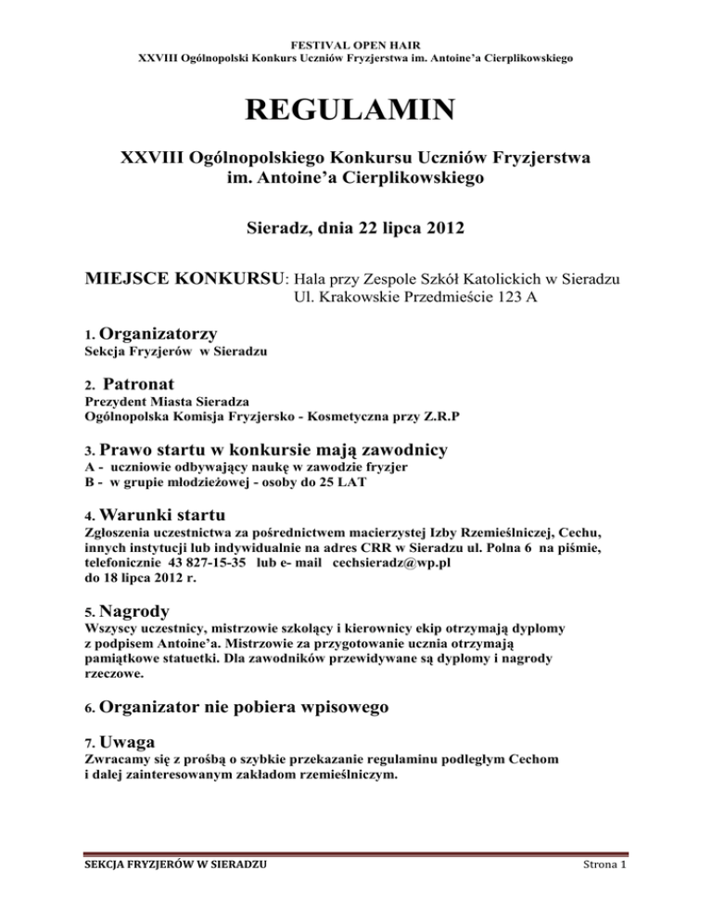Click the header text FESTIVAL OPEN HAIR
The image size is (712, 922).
(x=356, y=42)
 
